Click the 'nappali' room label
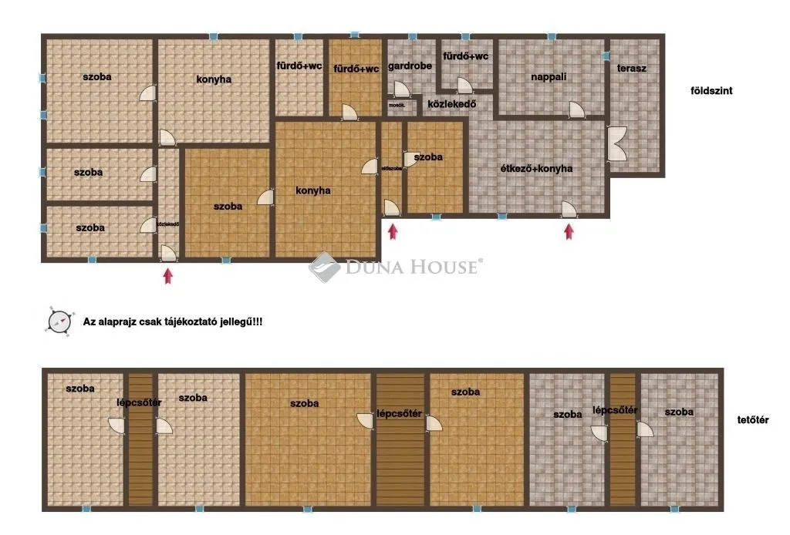pos(549,77)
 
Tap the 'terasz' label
pos(631,68)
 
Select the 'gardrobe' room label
pos(410,66)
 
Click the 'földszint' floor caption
pos(711,90)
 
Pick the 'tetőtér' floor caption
pos(753,420)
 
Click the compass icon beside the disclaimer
pos(59,320)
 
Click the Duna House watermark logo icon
pos(325,267)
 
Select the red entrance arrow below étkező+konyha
pos(569,230)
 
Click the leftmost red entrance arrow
pos(167,275)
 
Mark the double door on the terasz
pos(616,144)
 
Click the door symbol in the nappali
pos(576,109)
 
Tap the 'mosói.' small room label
pos(397,103)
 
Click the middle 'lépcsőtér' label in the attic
pos(399,413)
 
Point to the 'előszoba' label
pos(391,167)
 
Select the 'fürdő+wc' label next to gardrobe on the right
pos(465,56)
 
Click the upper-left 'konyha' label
pos(214,79)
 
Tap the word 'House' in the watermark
pos(447,267)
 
